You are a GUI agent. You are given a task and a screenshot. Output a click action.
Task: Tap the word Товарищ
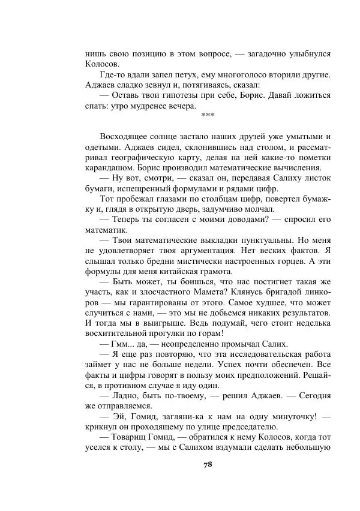pyautogui.click(x=128, y=437)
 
